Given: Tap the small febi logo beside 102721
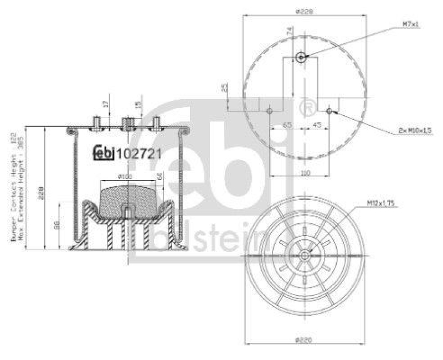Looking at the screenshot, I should click(102, 153).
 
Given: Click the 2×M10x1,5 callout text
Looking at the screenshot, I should click(414, 130).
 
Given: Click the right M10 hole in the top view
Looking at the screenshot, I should click(329, 111).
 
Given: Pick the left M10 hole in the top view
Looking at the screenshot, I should click(269, 111).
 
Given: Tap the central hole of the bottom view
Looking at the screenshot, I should click(305, 255).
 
